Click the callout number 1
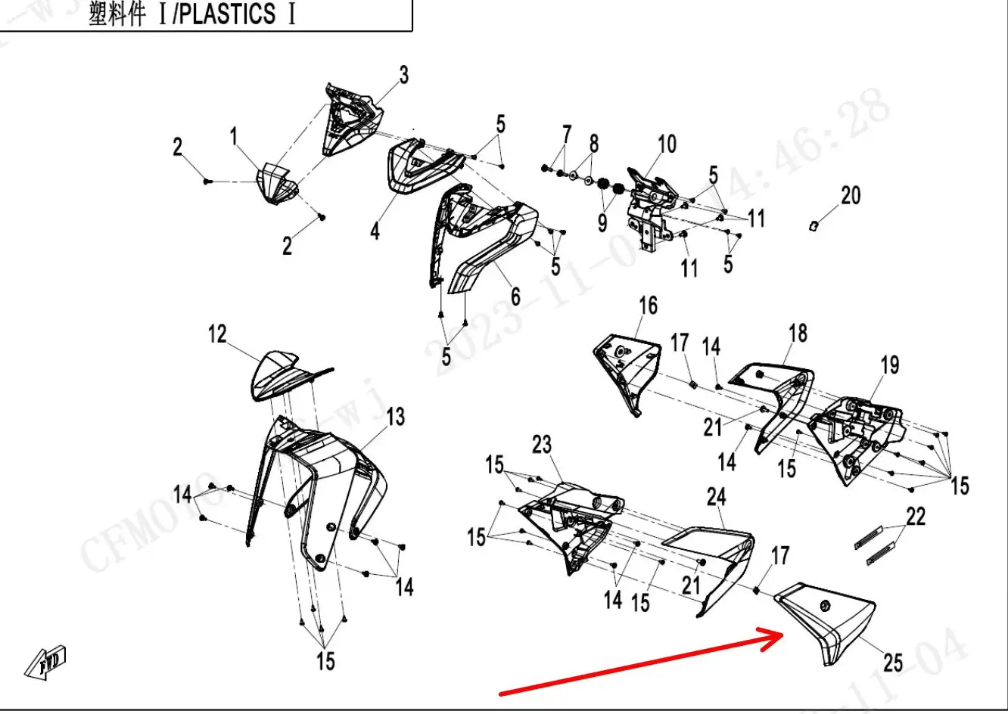point(234,137)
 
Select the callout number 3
point(403,76)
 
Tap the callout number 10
point(667,144)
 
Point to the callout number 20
point(851,195)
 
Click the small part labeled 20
point(813,225)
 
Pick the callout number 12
point(217,334)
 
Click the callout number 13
point(396,417)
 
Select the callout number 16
point(648,306)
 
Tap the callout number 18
point(798,333)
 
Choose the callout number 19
point(890,365)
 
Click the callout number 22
point(916,517)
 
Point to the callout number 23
point(542,445)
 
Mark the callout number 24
point(716,497)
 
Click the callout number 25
point(893,663)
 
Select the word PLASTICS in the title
point(229,15)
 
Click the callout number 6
point(515,296)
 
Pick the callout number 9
point(602,222)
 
